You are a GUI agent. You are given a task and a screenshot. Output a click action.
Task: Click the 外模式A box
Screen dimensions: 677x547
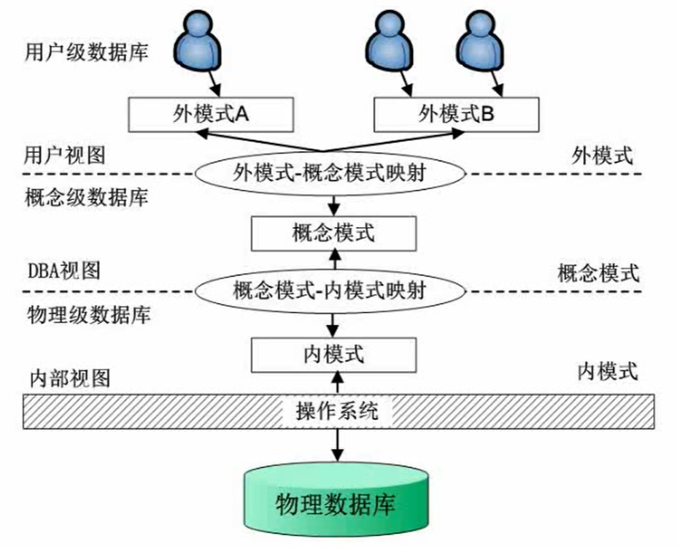[x=211, y=115]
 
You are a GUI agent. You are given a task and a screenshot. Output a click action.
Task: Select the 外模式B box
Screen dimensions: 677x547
[x=456, y=115]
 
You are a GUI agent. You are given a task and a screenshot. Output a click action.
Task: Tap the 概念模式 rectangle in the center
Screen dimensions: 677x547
[x=333, y=234]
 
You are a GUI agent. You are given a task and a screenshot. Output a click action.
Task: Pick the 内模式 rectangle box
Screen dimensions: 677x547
[x=333, y=355]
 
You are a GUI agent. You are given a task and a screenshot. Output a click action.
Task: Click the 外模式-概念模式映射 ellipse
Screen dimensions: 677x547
[x=330, y=174]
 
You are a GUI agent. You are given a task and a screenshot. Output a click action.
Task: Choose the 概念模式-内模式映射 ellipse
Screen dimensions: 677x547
[x=330, y=291]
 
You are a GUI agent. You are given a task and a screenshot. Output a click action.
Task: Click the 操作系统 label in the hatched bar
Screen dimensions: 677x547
[x=337, y=411]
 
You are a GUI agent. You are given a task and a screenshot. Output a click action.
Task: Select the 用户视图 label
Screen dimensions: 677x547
[x=65, y=156]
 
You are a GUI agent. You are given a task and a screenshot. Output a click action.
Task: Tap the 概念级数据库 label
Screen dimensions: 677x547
[x=87, y=198]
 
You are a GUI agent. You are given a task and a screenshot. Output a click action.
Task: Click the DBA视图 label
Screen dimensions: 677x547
[x=64, y=271]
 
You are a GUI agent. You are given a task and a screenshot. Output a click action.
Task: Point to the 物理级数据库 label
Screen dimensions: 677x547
[x=89, y=315]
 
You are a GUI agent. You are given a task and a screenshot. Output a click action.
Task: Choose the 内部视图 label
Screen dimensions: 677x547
[x=70, y=378]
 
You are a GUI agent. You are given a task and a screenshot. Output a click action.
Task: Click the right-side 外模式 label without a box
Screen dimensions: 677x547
[x=603, y=156]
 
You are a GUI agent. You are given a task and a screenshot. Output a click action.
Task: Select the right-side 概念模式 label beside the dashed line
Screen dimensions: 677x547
[x=598, y=273]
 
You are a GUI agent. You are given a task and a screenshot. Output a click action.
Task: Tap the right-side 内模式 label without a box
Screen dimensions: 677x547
[x=608, y=372]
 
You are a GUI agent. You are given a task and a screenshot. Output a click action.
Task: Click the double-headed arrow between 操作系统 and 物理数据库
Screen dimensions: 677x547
[x=337, y=445]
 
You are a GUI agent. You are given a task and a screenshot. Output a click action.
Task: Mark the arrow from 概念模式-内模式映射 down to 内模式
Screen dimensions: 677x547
[x=332, y=325]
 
